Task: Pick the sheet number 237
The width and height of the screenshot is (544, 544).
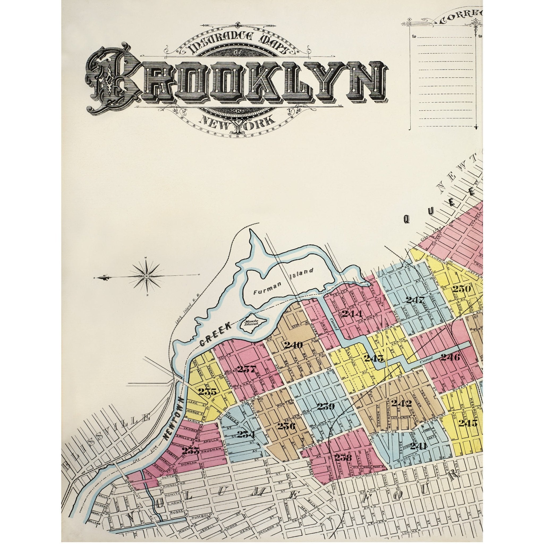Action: click(x=247, y=369)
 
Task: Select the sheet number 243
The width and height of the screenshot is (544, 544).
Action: click(x=374, y=358)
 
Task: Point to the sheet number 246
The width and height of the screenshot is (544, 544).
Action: click(x=450, y=357)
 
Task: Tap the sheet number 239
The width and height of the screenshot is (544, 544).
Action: click(x=326, y=406)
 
